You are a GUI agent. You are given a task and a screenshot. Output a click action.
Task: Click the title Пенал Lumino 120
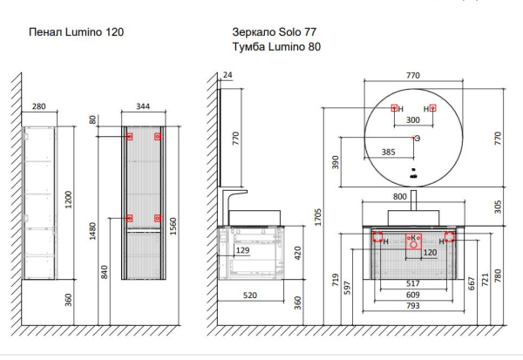[x=76, y=32]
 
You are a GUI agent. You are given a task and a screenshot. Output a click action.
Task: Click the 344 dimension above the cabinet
[x=144, y=106]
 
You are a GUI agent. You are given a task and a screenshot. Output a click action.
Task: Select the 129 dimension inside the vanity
[x=243, y=251]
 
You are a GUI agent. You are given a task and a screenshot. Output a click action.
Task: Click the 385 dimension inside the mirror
[x=390, y=152]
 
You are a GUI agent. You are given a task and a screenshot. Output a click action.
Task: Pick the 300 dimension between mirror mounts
[x=412, y=121]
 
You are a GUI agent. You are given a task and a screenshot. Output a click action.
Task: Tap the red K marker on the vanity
[x=413, y=238]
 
